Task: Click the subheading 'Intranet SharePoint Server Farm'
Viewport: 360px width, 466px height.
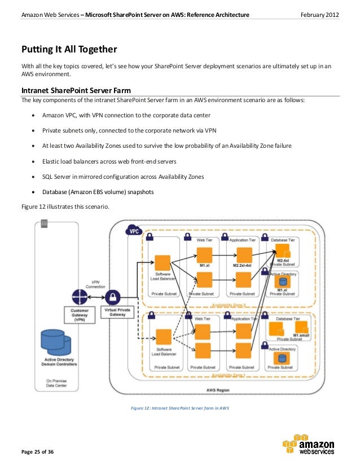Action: [x=76, y=90]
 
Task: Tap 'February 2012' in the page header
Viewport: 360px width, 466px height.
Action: [x=319, y=14]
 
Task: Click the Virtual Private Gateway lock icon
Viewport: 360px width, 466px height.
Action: [x=114, y=296]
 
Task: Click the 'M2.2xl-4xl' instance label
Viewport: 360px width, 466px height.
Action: [x=242, y=265]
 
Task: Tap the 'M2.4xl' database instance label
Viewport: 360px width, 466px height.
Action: [x=283, y=260]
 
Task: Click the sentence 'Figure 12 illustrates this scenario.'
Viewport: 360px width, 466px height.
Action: [x=62, y=206]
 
